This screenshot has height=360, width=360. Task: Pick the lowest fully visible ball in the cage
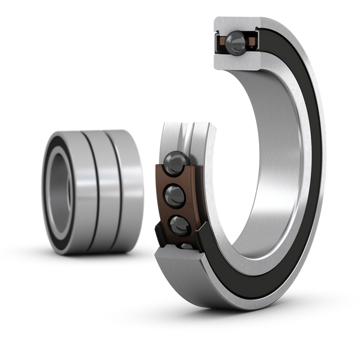179,226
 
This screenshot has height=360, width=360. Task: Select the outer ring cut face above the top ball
235,23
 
